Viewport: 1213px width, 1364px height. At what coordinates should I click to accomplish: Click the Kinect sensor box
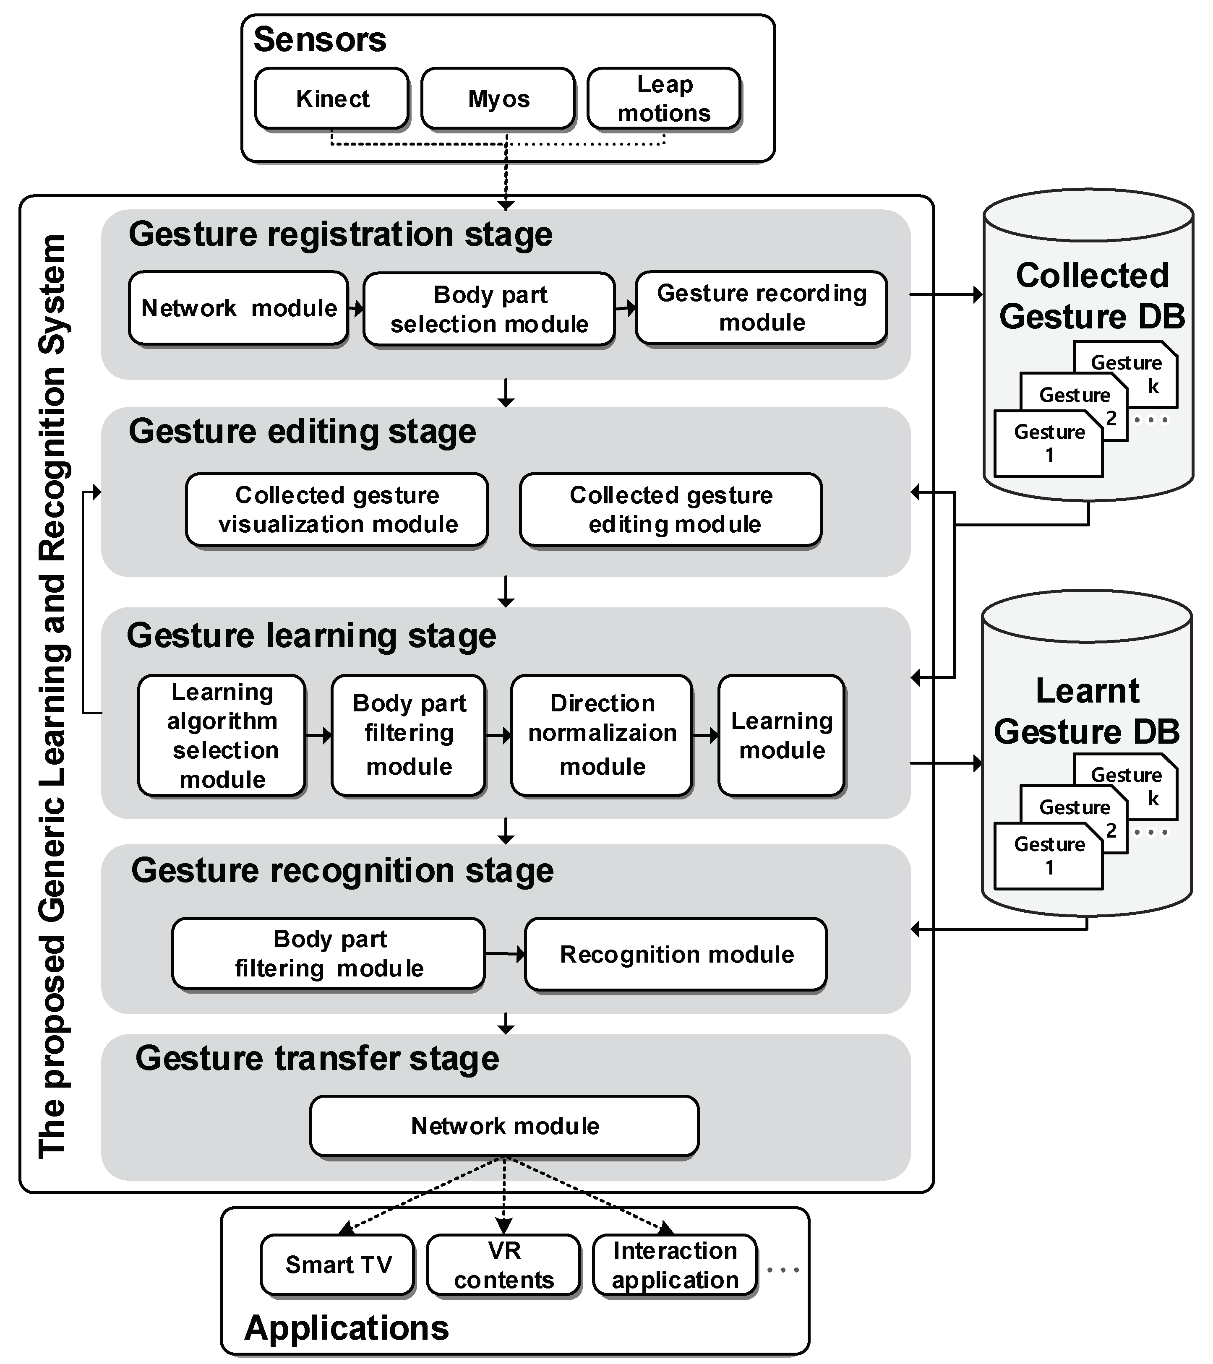[332, 98]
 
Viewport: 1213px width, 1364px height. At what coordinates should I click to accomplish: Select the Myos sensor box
[498, 98]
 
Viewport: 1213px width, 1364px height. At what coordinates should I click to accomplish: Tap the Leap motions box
[664, 98]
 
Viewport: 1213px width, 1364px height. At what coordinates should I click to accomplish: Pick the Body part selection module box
[489, 309]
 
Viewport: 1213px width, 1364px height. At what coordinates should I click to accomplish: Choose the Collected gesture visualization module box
[337, 510]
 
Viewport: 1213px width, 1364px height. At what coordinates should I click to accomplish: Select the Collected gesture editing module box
[671, 510]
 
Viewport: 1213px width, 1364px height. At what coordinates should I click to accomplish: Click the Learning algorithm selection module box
[222, 735]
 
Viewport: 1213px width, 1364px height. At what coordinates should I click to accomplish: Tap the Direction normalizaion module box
[602, 735]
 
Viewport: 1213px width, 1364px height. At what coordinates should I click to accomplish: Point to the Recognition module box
[676, 954]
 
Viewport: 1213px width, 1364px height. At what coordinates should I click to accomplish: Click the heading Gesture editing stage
[303, 431]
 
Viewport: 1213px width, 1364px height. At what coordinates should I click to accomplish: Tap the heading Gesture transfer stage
[317, 1058]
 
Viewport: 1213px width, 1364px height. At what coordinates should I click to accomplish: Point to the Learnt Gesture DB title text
[1087, 711]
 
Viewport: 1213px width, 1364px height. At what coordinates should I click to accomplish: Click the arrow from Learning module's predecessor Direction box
[706, 735]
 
